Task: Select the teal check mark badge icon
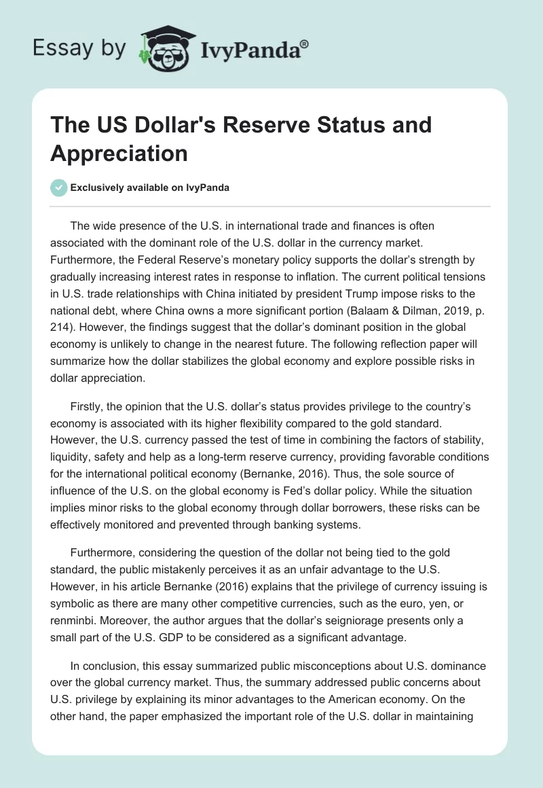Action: [59, 187]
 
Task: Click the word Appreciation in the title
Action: [119, 154]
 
